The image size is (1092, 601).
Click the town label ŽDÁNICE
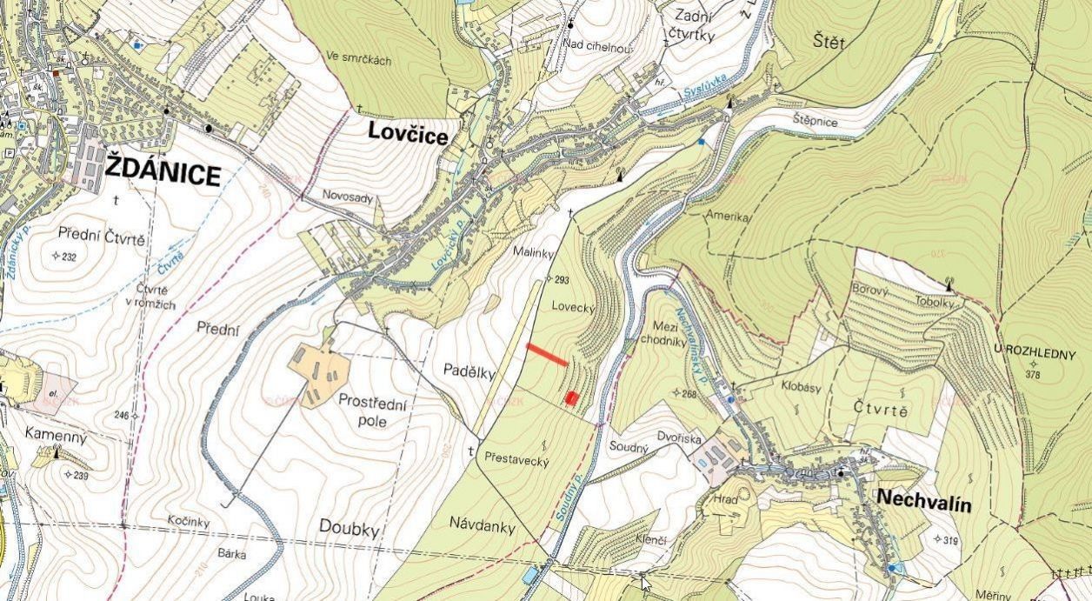(163, 174)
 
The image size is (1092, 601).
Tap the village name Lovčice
(408, 135)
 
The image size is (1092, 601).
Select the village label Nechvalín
(923, 501)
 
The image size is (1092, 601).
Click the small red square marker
(571, 397)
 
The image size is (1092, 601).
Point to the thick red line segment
(547, 355)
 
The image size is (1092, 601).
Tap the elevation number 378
(1033, 375)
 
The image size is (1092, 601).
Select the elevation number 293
(560, 280)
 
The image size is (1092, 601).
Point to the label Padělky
(468, 373)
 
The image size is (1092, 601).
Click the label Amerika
(728, 217)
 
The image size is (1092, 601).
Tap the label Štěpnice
(815, 121)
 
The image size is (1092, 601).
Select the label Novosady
(347, 197)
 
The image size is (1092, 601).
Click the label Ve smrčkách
(359, 59)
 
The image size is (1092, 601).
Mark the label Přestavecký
(516, 461)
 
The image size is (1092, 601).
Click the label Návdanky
(483, 526)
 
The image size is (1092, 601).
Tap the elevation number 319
(949, 540)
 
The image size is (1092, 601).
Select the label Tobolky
(936, 302)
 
